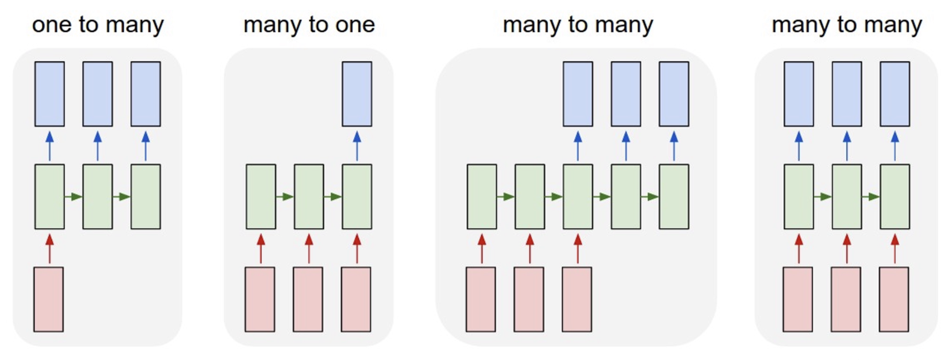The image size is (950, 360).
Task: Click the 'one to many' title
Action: [98, 24]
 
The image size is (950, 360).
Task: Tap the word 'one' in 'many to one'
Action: [355, 24]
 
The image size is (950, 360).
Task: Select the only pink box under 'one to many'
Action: [48, 299]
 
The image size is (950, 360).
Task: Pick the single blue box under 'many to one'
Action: [357, 94]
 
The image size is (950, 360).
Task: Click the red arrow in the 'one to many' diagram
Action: [49, 248]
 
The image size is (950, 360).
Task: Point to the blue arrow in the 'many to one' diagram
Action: [357, 146]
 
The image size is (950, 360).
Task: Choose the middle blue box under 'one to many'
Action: [98, 94]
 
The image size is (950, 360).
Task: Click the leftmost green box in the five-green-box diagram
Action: [482, 197]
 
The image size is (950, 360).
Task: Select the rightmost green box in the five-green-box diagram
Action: [674, 197]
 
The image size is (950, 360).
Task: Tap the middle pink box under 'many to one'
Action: [308, 299]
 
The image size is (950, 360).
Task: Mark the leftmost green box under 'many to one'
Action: [261, 197]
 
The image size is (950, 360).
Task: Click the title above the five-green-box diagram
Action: [578, 24]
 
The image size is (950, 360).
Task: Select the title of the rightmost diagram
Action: [847, 24]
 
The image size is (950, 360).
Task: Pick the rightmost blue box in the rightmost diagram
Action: [894, 94]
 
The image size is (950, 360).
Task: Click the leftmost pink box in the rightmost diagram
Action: [798, 299]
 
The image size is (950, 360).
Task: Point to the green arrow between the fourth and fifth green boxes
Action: [649, 197]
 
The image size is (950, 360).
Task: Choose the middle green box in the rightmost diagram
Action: [847, 197]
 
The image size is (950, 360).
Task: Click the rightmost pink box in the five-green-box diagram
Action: [577, 299]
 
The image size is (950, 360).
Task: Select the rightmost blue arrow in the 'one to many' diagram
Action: [146, 146]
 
